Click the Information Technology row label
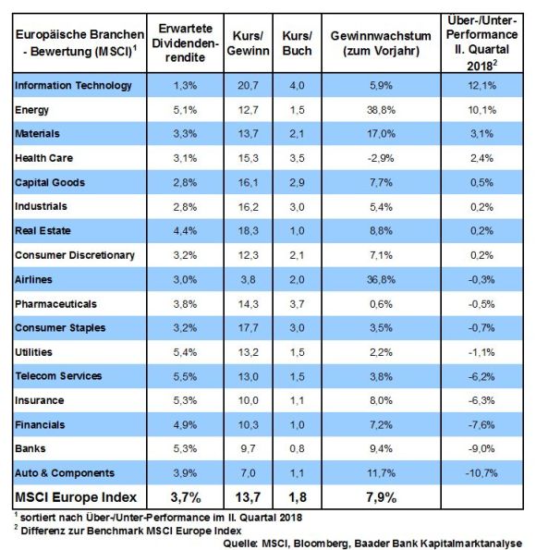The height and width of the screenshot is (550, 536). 73,86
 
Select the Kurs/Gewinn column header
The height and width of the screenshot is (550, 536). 248,43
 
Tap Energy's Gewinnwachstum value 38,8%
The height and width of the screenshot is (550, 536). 381,110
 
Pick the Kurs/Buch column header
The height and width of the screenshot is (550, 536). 297,43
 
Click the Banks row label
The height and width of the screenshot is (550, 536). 30,448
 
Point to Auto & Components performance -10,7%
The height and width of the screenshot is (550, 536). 481,473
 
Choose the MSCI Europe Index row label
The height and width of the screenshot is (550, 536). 76,497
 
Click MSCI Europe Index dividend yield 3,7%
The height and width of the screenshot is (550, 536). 186,497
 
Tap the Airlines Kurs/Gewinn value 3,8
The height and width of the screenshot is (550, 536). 248,279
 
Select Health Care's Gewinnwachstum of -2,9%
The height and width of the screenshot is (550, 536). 381,158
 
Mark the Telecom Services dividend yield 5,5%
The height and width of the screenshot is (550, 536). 185,376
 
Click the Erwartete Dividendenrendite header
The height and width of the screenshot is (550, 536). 185,43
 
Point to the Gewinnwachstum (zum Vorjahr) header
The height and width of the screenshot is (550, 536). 381,43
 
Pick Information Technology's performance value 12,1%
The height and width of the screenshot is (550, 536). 482,86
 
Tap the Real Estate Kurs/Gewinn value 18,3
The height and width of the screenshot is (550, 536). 248,231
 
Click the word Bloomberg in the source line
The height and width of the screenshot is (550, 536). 322,544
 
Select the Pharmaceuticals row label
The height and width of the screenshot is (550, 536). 55,304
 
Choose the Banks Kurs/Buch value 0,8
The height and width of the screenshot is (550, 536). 297,448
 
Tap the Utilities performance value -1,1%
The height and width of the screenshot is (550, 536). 481,352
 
